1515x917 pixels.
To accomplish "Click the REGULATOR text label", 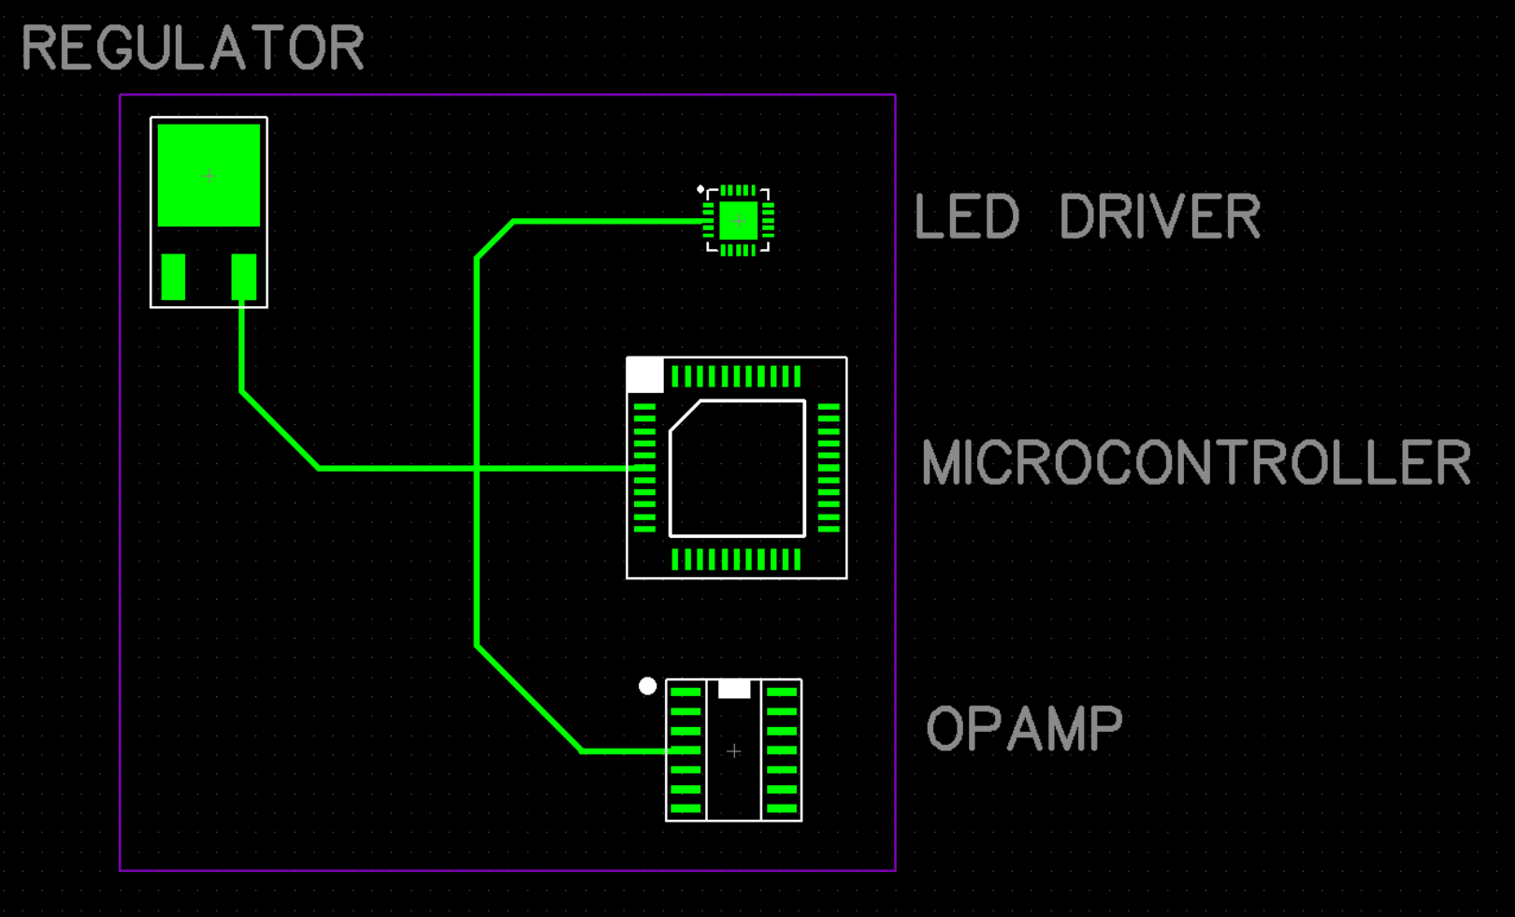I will (x=192, y=49).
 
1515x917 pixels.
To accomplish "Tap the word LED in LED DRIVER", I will (x=965, y=216).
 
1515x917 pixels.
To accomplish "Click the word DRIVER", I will (x=1160, y=216).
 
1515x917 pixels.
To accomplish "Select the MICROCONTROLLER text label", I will (x=1196, y=462).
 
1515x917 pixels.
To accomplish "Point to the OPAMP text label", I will (x=1024, y=729).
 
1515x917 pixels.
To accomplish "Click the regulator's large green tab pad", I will (x=209, y=175).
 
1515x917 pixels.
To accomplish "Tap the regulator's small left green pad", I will (x=173, y=276).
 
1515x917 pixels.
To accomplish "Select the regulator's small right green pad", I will (x=243, y=276).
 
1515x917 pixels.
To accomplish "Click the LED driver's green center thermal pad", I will (x=738, y=221).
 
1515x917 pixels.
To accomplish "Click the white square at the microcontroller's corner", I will (x=645, y=375).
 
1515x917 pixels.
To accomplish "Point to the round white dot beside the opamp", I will (x=647, y=686).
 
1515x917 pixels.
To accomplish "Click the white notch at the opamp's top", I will (x=734, y=689).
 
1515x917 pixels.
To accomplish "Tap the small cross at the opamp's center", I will (x=734, y=750).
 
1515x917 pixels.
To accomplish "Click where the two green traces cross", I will (x=477, y=468).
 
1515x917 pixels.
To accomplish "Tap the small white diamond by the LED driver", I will (x=700, y=190).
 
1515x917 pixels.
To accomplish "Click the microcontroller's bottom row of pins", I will (x=736, y=560).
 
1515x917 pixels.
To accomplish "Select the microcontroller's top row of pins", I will (x=736, y=376).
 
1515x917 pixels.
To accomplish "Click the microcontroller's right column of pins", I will (x=829, y=468).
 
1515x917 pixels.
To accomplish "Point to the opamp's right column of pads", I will (x=781, y=750).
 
